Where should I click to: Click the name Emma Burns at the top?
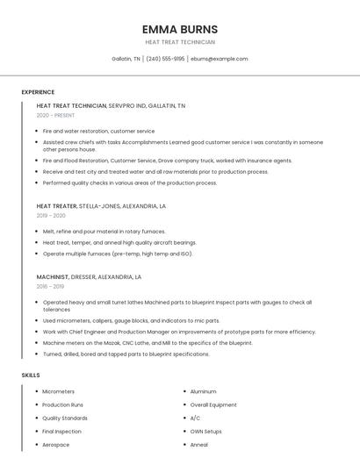(179, 29)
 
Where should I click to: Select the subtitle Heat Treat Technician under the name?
(179, 42)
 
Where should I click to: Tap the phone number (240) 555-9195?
(165, 59)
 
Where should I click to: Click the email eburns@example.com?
(220, 59)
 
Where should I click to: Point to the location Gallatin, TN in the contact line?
(126, 59)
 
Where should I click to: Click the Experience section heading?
(38, 92)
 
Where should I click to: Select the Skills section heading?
(31, 375)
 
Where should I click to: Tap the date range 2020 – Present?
(55, 115)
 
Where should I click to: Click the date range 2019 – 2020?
(51, 215)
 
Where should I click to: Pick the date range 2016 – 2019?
(50, 286)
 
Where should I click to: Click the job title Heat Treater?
(57, 206)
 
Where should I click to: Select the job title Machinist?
(53, 276)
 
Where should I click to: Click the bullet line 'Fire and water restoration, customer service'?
(98, 131)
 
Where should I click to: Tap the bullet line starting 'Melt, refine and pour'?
(104, 232)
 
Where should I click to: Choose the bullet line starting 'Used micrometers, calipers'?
(131, 321)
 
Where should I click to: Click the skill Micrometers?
(59, 391)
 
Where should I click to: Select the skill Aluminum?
(203, 391)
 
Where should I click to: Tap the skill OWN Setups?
(205, 432)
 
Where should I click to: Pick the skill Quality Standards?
(65, 418)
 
